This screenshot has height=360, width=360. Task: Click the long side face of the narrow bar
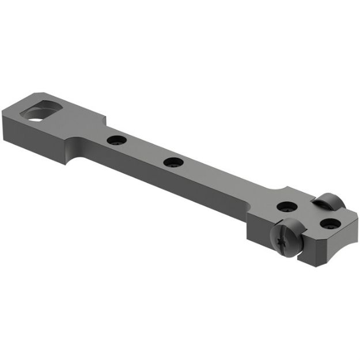(173, 187)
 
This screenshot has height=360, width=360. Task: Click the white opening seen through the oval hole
(36, 116)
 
